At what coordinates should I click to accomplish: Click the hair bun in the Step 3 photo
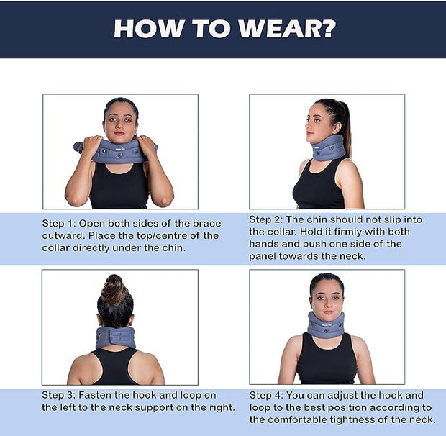click(x=115, y=289)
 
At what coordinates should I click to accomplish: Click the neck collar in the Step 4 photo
click(x=326, y=324)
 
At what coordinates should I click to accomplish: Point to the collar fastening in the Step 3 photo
click(x=115, y=337)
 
